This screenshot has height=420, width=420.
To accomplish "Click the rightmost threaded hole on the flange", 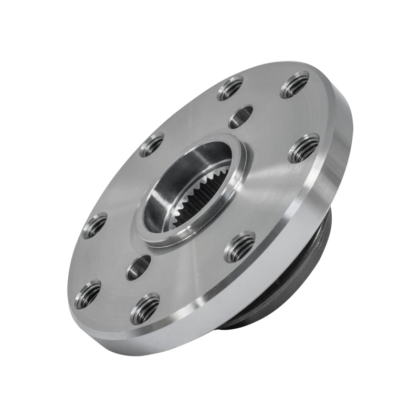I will click(304, 149).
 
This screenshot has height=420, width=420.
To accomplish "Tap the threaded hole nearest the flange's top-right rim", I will click(295, 85).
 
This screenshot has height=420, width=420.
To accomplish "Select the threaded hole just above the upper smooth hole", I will click(230, 88).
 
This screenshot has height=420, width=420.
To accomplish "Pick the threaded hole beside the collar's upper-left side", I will click(152, 144).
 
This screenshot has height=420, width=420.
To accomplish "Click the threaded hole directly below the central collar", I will click(240, 247).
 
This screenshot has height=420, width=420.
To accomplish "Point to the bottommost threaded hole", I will click(145, 309).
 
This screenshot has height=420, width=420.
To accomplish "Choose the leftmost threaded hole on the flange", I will click(88, 295).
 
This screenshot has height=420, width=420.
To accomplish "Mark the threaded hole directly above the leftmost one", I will click(94, 225).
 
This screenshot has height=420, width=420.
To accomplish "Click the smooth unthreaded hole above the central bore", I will click(241, 117).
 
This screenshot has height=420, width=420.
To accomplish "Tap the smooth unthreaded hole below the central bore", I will click(139, 267).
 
